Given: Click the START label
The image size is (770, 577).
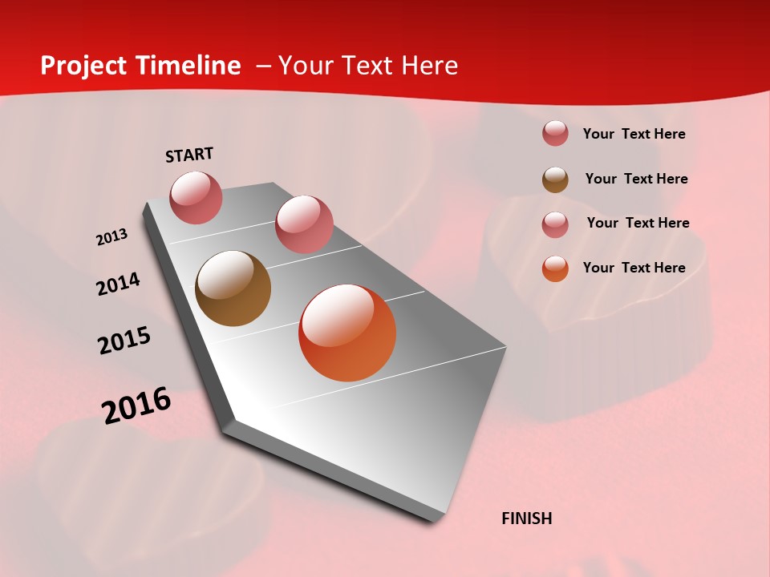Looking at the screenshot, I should pyautogui.click(x=189, y=155).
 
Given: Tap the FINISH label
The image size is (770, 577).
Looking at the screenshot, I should pyautogui.click(x=526, y=518).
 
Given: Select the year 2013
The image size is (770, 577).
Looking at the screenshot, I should pyautogui.click(x=111, y=237).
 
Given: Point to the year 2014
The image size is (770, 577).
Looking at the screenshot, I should pyautogui.click(x=118, y=284).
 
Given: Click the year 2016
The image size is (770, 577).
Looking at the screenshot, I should pyautogui.click(x=136, y=406).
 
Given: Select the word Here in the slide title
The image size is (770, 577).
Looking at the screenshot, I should pyautogui.click(x=429, y=66).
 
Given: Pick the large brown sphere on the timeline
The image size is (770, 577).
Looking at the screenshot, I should pyautogui.click(x=233, y=288).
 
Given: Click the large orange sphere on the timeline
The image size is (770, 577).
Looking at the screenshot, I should pyautogui.click(x=347, y=332).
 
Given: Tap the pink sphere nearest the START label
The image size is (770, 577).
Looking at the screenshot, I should pyautogui.click(x=196, y=197).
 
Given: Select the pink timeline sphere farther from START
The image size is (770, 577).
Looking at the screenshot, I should pyautogui.click(x=304, y=224).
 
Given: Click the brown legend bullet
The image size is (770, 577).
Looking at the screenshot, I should pyautogui.click(x=555, y=180).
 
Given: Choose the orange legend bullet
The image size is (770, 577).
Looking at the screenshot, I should pyautogui.click(x=555, y=268).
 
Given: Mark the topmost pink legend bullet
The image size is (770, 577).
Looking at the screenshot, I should pyautogui.click(x=555, y=134).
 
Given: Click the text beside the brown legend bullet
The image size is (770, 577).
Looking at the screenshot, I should pyautogui.click(x=636, y=179).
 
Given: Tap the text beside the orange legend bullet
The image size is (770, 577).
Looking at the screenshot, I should pyautogui.click(x=634, y=268).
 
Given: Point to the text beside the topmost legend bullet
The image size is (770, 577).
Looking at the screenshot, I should pyautogui.click(x=634, y=134).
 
